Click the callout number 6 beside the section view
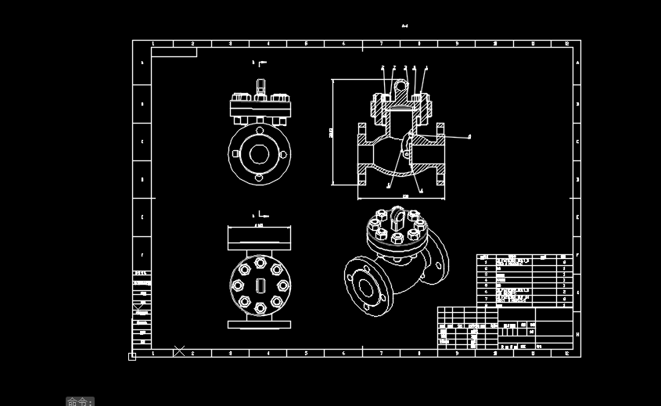pyautogui.click(x=469, y=136)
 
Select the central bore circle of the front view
pyautogui.click(x=259, y=152)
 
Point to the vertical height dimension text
pyautogui.click(x=331, y=132)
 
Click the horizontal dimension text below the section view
pyautogui.click(x=405, y=196)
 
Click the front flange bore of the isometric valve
pyautogui.click(x=365, y=286)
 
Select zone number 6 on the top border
pyautogui.click(x=343, y=44)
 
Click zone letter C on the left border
pyautogui.click(x=142, y=142)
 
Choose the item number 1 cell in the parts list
pyautogui.click(x=486, y=262)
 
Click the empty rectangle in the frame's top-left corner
pyautogui.click(x=174, y=52)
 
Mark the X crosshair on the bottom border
pyautogui.click(x=179, y=351)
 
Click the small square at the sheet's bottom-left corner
pyautogui.click(x=132, y=357)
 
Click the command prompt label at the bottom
pyautogui.click(x=80, y=401)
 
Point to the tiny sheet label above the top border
pyautogui.click(x=404, y=27)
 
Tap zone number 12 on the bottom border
pyautogui.click(x=566, y=353)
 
